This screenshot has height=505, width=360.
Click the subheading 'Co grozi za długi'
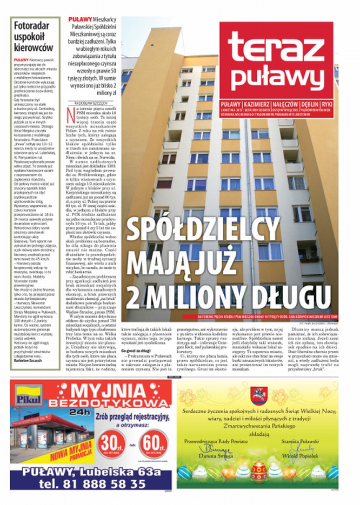pyautogui.click(x=136, y=350)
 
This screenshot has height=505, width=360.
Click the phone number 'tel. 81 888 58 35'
pyautogui.click(x=86, y=483)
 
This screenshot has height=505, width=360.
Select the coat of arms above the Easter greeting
pyautogui.click(x=258, y=395)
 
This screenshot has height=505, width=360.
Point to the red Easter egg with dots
pyautogui.click(x=259, y=475)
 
